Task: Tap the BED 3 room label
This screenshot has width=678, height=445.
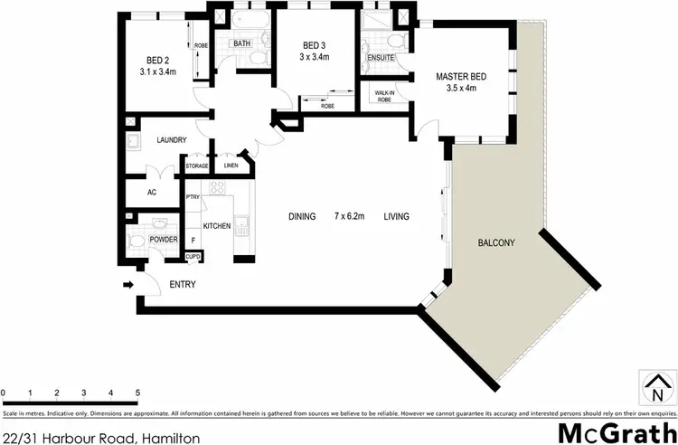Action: point(314,46)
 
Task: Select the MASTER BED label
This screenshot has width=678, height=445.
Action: point(462,77)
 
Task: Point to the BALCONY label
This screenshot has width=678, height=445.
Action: point(496,242)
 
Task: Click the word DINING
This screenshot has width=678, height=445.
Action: point(302,216)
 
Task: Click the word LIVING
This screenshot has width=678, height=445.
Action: point(396,216)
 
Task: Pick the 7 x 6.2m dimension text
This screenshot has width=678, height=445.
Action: point(349,216)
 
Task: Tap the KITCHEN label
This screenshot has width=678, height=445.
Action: point(217,225)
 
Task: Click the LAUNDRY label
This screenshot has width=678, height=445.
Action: point(171,140)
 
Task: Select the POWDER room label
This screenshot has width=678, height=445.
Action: point(163,240)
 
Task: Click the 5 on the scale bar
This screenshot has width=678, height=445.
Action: point(137,393)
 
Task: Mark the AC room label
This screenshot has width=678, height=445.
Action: point(151,192)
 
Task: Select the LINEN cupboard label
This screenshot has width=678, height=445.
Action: point(232,166)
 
